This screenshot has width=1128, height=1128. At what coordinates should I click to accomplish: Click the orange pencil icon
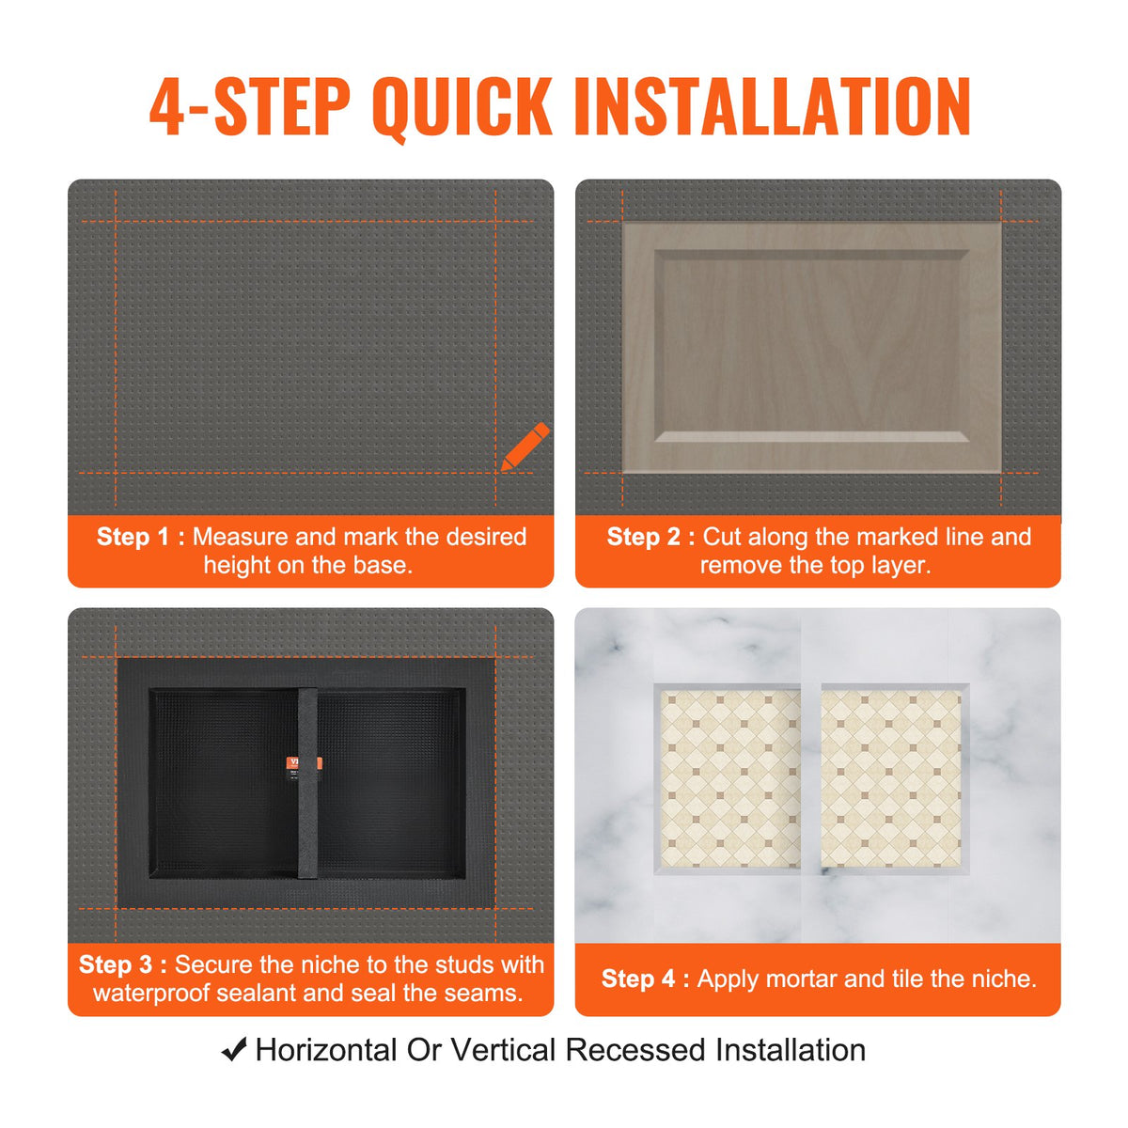coord(525,446)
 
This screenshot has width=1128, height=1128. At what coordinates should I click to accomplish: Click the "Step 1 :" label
coord(140,537)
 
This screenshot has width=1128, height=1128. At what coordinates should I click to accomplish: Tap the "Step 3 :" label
coord(122,964)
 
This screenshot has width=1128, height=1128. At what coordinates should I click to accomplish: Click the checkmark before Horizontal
coord(234,1049)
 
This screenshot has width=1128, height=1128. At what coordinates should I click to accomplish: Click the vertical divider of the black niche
coord(308,827)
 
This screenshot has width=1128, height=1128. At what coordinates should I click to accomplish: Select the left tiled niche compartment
coord(729,778)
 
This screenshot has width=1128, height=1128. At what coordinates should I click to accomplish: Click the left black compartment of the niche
coord(224,782)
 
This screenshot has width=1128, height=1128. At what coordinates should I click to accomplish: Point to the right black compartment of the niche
coord(390,782)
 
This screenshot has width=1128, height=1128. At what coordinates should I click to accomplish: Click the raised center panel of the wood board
coord(812,345)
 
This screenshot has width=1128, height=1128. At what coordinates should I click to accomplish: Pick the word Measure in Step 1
coord(240,537)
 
